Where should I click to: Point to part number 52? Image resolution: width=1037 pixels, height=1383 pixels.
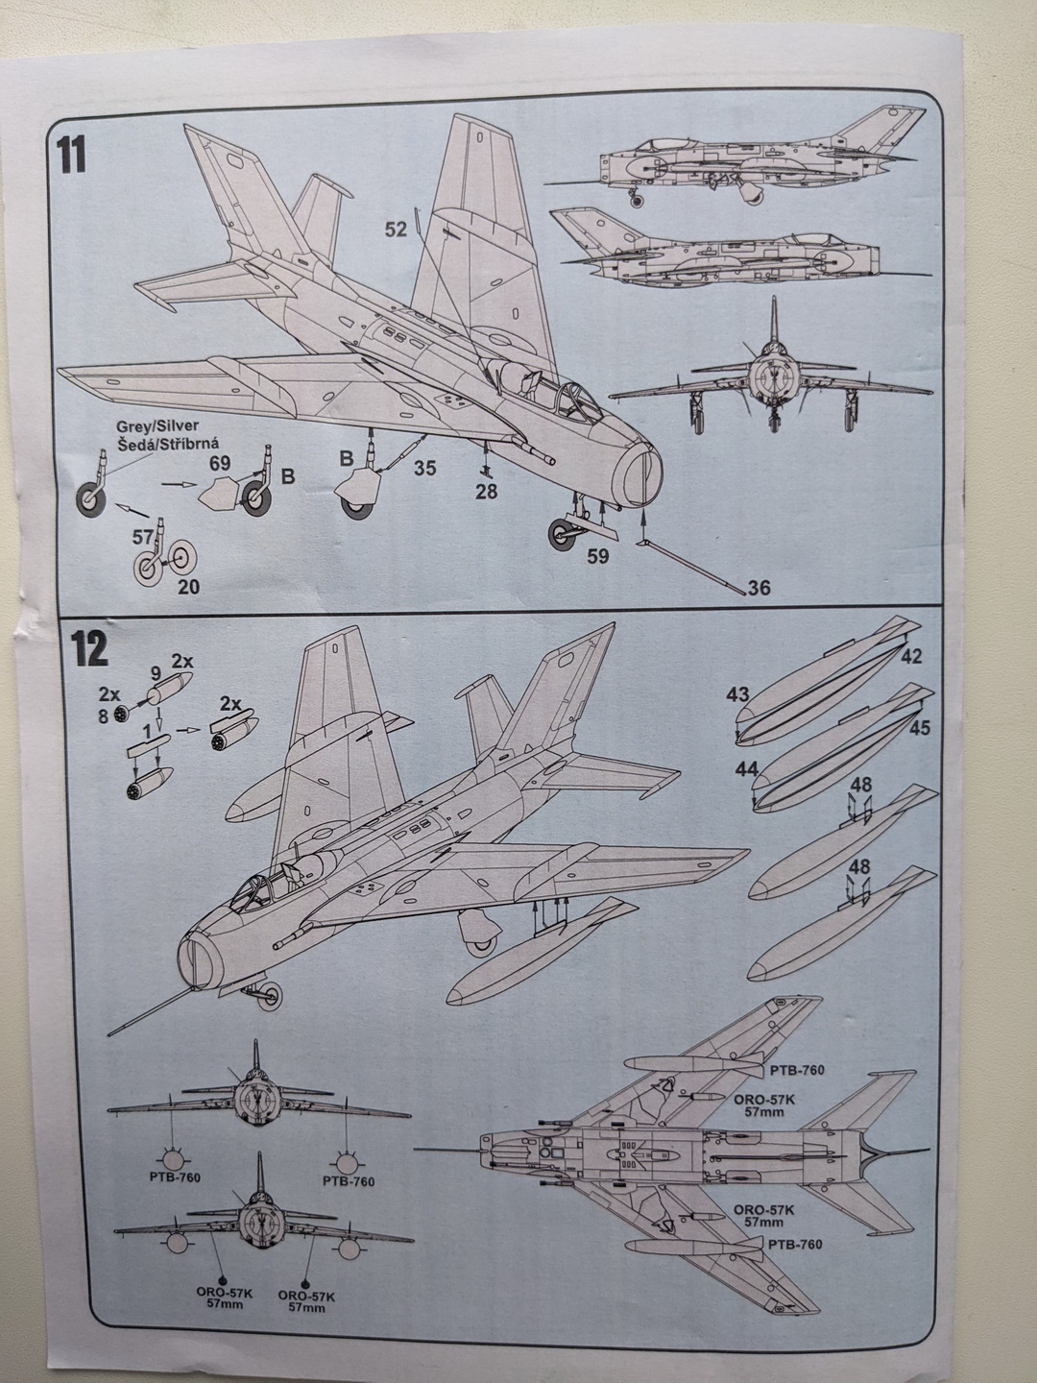click(396, 229)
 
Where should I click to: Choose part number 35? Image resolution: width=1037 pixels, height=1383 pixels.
click(427, 470)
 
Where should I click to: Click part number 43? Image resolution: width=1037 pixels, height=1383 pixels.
click(738, 693)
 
